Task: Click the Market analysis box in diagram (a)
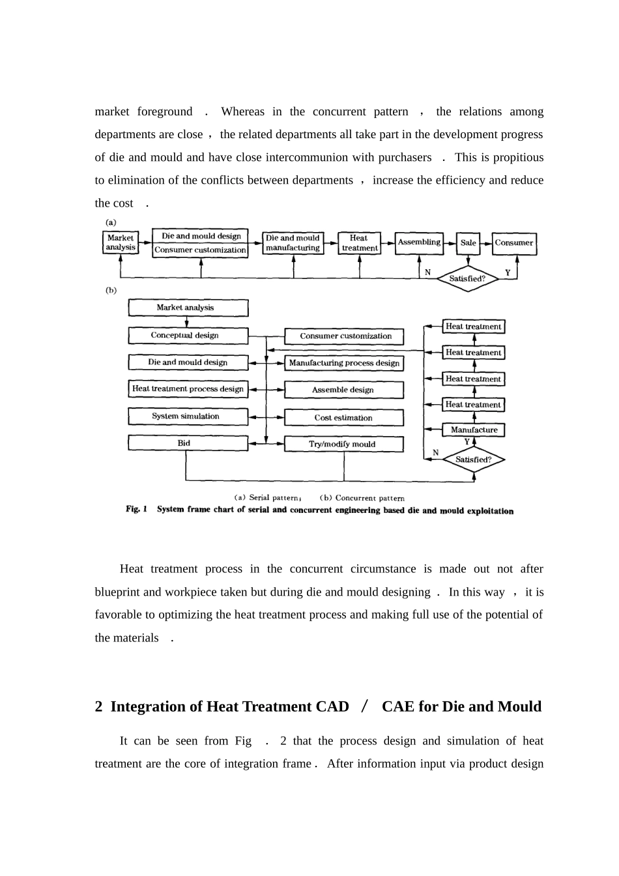(121, 242)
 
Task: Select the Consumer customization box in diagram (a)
(200, 250)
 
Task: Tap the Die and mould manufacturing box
(293, 242)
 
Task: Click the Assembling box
(419, 242)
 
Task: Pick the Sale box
(468, 242)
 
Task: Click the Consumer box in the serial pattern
(513, 242)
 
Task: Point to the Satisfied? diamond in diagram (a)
(467, 278)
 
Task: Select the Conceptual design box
(188, 336)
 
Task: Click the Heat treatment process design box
(188, 389)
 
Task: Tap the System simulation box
(188, 416)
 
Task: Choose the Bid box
(188, 443)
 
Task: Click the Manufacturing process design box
(344, 363)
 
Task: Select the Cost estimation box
(344, 418)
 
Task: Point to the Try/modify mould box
(344, 445)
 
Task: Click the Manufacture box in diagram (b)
(474, 430)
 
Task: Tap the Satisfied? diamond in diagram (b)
(474, 460)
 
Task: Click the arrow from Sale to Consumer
(486, 243)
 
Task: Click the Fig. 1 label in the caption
(136, 510)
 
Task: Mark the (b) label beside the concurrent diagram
(111, 291)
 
